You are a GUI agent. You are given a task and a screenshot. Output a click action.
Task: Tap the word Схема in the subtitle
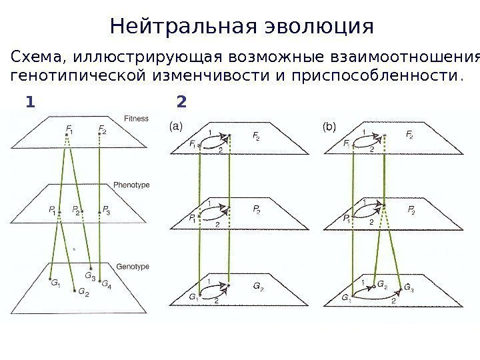click(x=39, y=56)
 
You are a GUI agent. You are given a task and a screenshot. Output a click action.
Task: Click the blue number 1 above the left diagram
click(x=29, y=103)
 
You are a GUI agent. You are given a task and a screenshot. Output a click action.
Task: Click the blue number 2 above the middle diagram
click(x=181, y=103)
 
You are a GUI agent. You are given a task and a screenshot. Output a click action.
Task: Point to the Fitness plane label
click(x=137, y=119)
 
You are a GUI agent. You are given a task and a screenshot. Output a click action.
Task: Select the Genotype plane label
click(x=133, y=266)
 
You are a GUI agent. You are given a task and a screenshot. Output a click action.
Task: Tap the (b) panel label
click(x=329, y=125)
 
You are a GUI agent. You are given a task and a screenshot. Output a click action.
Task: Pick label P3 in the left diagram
click(x=107, y=209)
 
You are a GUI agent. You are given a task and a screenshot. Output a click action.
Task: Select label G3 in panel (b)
click(x=412, y=287)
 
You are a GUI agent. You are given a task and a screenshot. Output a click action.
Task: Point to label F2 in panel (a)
click(x=257, y=135)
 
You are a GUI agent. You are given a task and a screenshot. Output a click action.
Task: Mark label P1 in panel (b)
click(x=347, y=217)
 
